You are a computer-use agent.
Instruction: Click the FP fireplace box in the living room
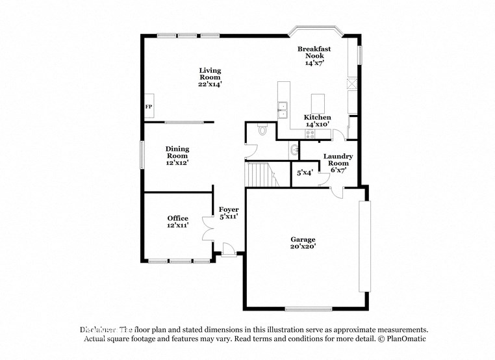(149, 106)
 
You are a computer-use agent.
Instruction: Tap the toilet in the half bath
(262, 130)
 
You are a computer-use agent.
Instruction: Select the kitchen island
(318, 103)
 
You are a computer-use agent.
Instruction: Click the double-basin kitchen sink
(283, 110)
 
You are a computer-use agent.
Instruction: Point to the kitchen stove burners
(310, 135)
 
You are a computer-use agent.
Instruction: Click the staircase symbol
(260, 175)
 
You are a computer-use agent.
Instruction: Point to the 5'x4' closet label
(305, 173)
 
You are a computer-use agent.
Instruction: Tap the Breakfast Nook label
(314, 53)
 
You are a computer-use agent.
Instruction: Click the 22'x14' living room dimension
(210, 84)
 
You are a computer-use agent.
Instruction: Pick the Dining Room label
(177, 152)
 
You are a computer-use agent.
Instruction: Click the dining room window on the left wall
(142, 155)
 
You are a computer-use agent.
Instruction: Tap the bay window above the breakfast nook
(316, 30)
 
